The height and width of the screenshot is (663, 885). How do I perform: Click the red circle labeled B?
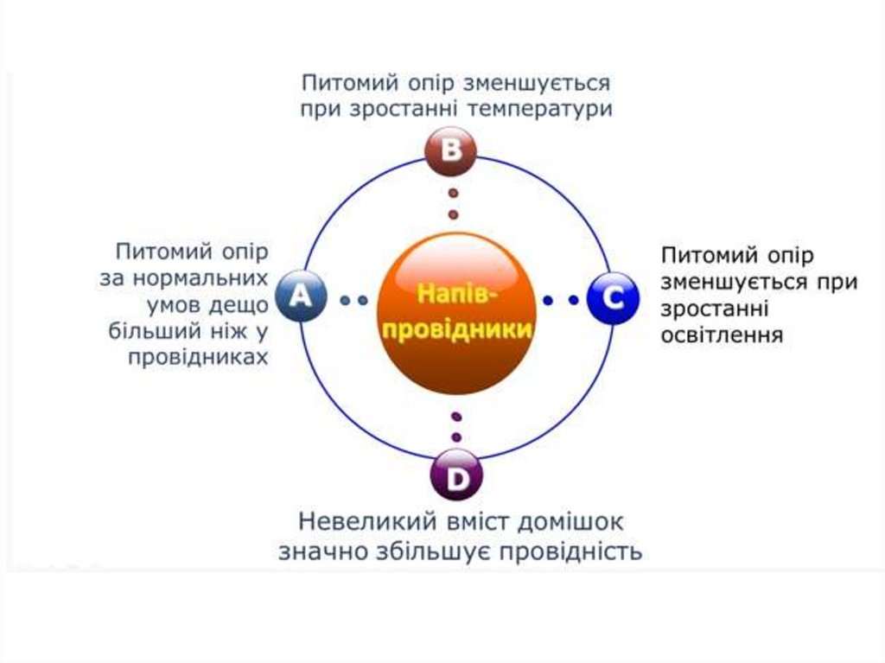[x=451, y=151]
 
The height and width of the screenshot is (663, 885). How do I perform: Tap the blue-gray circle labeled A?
[x=300, y=297]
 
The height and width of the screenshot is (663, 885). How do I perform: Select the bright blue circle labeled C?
[x=612, y=298]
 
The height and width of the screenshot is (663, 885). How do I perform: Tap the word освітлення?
[x=722, y=335]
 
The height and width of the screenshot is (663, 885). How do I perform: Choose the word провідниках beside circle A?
[x=199, y=357]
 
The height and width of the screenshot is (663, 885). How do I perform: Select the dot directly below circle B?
[x=452, y=192]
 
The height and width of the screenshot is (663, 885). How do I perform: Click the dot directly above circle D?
[x=456, y=437]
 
